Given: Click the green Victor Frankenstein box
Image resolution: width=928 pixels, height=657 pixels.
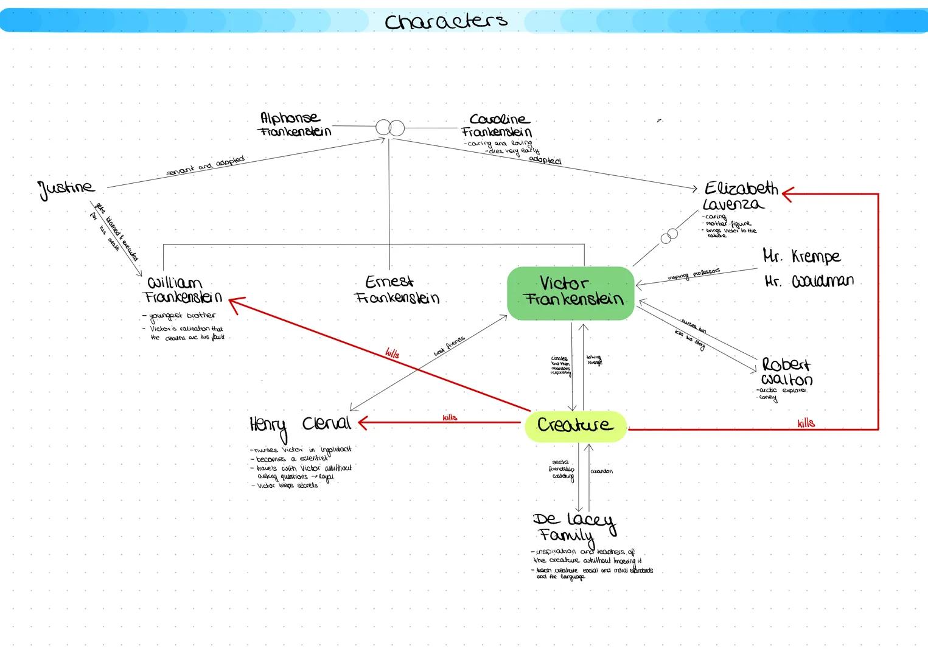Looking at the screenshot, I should coord(571,293).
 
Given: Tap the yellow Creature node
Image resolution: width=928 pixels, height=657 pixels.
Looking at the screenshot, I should coord(575,425).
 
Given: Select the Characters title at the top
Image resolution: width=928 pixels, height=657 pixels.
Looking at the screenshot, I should coord(446,21).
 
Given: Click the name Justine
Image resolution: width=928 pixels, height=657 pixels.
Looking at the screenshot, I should coord(67,188).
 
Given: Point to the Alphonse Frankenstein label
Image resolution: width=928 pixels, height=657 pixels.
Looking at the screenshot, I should coord(295,124).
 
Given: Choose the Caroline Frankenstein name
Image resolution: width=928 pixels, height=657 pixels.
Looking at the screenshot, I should coord(497,125).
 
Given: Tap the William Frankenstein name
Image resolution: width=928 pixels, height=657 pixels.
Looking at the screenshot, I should coord(181,290).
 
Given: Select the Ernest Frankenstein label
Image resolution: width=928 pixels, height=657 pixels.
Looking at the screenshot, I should coord(396,290).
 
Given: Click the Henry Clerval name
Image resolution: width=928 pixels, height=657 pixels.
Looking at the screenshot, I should coord(300,425).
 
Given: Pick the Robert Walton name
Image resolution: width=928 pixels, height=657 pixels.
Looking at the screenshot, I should coord(786,372).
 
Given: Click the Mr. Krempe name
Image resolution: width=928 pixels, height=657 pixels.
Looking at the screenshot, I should coord(801,256).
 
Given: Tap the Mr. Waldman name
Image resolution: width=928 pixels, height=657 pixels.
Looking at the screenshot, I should coord(809,281).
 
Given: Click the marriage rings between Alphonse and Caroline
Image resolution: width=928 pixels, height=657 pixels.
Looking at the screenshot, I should coord(390,128).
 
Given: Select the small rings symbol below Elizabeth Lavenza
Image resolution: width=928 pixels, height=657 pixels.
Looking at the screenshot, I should coord(669,235).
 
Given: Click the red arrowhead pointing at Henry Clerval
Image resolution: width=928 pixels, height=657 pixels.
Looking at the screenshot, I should coord(363,423).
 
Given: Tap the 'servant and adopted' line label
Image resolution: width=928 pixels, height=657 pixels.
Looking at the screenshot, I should coord(205,165).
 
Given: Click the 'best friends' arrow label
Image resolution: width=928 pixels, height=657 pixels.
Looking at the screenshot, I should coord(449,346).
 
